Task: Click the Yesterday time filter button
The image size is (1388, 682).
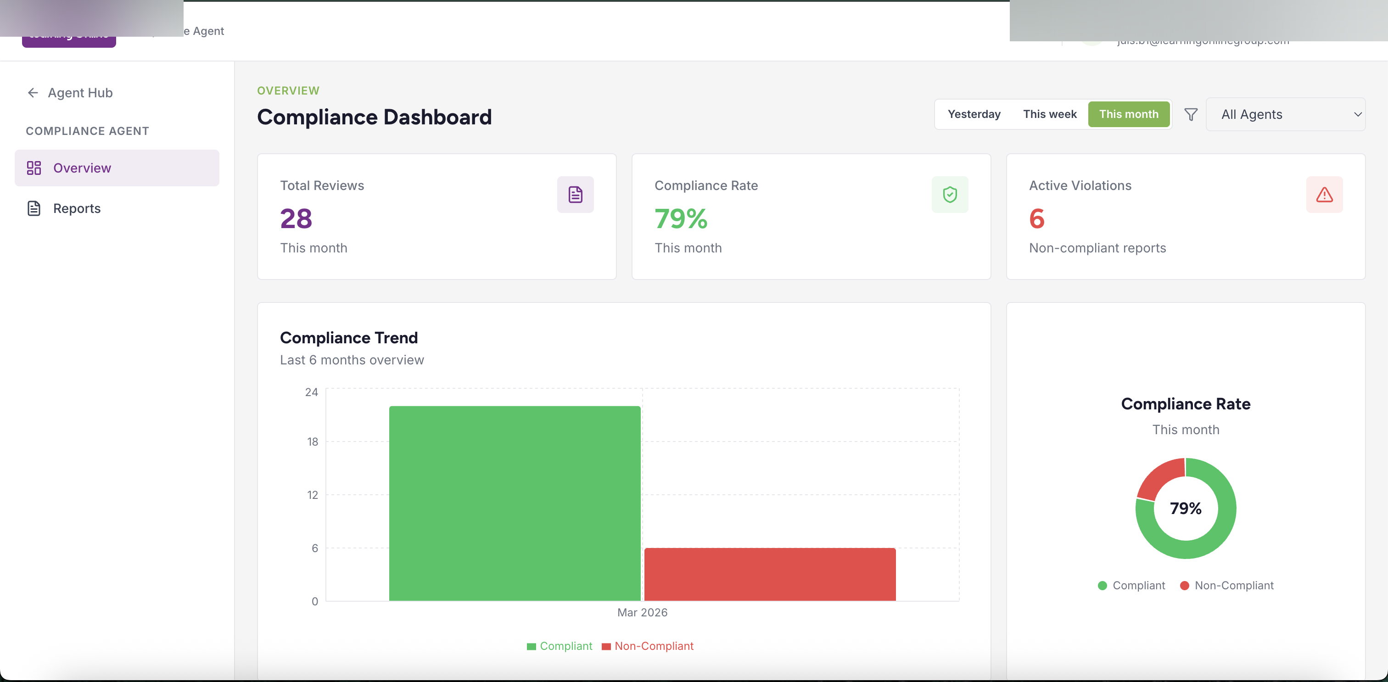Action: click(x=974, y=114)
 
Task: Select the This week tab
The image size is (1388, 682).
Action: click(x=1049, y=114)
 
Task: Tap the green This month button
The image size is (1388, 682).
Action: click(x=1128, y=114)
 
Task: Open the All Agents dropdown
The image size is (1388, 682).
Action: click(x=1285, y=114)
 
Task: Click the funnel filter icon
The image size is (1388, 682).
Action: click(x=1191, y=114)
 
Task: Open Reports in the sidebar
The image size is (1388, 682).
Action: click(x=77, y=208)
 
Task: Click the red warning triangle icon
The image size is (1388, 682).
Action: click(x=1324, y=195)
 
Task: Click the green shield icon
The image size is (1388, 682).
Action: click(x=949, y=195)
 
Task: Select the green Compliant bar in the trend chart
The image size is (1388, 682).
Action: click(x=515, y=503)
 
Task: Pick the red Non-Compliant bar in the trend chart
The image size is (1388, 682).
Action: click(x=769, y=574)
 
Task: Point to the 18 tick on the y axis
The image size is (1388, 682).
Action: click(x=313, y=442)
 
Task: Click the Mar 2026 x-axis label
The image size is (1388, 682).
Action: click(x=642, y=613)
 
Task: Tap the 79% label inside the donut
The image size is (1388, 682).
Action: click(x=1186, y=508)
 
